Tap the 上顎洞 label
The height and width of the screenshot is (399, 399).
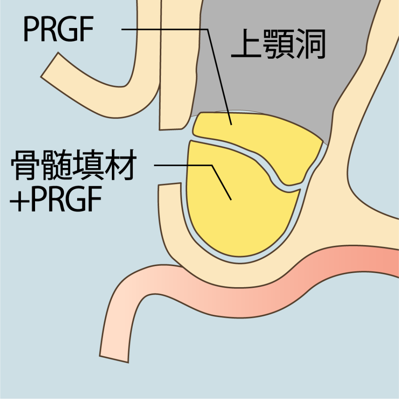pyautogui.click(x=278, y=46)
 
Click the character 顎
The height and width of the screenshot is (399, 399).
pyautogui.click(x=278, y=46)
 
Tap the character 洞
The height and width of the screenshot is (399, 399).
pyautogui.click(x=310, y=46)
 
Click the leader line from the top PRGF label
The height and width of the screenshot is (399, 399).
pyautogui.click(x=164, y=29)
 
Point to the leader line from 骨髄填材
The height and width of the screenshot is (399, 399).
pyautogui.click(x=183, y=165)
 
